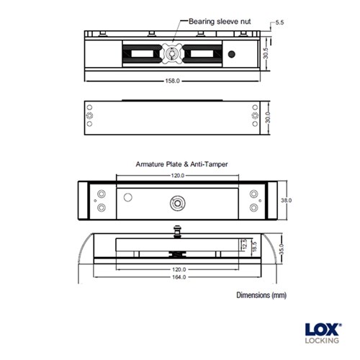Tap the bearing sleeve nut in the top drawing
[x=173, y=54]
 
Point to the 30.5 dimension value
[x=266, y=53]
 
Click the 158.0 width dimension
[x=173, y=81]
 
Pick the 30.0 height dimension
[x=267, y=116]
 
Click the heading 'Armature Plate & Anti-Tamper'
[x=182, y=165]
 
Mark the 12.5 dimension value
[x=243, y=245]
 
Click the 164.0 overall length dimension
[x=178, y=277]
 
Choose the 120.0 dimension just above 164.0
[x=178, y=269]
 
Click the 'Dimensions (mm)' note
[x=261, y=296]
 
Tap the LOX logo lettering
[x=321, y=327]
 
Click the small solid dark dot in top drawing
[x=231, y=55]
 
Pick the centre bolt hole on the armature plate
[x=176, y=202]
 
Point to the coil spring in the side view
[x=178, y=253]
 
